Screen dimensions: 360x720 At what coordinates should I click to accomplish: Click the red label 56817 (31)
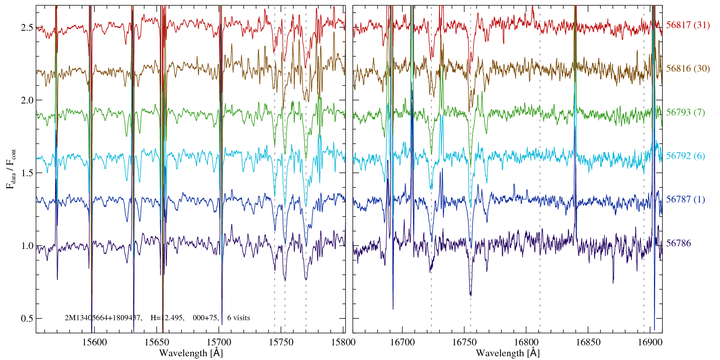[x=688, y=25]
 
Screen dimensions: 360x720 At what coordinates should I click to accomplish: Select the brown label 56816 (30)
[x=688, y=69]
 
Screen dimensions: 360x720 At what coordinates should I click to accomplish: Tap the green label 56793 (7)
[x=685, y=112]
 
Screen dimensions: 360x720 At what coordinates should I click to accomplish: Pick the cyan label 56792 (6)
[x=685, y=156]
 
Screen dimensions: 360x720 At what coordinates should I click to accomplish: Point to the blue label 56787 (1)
[x=685, y=199]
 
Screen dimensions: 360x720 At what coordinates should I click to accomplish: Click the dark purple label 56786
[x=678, y=243]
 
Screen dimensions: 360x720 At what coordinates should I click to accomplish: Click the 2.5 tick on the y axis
[x=27, y=28]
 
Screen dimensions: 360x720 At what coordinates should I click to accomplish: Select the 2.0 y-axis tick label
[x=27, y=100]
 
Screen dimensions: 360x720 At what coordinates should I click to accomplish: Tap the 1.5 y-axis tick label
[x=27, y=173]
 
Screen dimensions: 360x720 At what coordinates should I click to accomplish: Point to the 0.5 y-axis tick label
[x=27, y=319]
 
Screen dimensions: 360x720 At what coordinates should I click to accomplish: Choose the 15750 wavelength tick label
[x=282, y=342]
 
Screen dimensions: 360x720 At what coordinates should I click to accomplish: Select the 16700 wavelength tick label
[x=402, y=342]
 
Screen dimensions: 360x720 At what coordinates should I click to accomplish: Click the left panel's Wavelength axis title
[x=191, y=353]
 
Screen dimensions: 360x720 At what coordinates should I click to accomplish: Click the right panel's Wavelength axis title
[x=508, y=353]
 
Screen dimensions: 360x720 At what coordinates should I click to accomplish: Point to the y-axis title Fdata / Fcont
[x=11, y=169]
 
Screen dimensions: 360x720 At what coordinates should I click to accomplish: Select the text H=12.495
[x=167, y=318]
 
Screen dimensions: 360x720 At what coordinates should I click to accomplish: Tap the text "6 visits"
[x=238, y=318]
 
